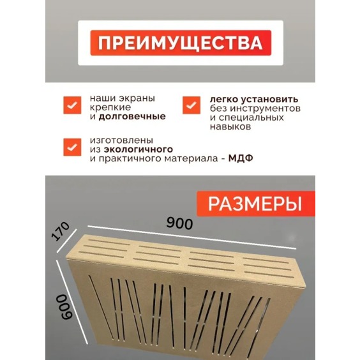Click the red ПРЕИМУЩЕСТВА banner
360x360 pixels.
[179, 43]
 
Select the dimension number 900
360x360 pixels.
[179, 224]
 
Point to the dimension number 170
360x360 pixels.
[61, 237]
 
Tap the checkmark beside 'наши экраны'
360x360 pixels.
[70, 105]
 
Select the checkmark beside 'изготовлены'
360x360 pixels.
[70, 146]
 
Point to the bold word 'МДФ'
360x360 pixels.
[240, 159]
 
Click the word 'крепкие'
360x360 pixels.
[107, 108]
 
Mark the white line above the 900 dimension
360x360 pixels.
[191, 237]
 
